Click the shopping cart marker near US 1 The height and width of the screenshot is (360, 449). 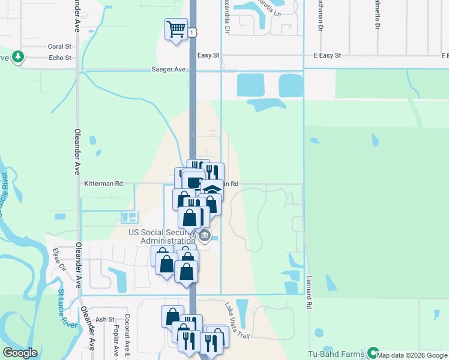click(x=175, y=29)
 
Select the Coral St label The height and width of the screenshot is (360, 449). click(x=59, y=46)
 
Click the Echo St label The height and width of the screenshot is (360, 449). click(x=60, y=58)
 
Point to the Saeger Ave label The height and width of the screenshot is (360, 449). click(x=169, y=70)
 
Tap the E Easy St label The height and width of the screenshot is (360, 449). click(x=327, y=55)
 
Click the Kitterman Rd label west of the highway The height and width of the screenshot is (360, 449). click(x=103, y=184)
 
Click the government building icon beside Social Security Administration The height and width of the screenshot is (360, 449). click(x=205, y=235)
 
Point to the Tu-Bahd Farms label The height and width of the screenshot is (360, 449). click(x=336, y=354)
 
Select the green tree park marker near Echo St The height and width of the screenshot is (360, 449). click(x=19, y=57)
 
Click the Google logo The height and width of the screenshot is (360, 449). click(x=20, y=353)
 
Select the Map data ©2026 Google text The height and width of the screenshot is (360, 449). click(x=412, y=355)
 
